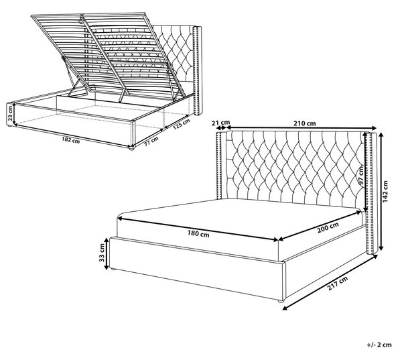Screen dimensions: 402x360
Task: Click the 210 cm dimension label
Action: pos(305,123)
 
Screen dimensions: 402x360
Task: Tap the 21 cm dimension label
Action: pos(220,123)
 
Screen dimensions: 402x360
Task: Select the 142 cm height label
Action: pos(386,192)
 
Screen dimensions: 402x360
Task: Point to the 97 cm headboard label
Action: pos(362,176)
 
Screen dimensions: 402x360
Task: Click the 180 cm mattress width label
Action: pos(198,234)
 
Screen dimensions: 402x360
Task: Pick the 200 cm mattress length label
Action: pos(328,227)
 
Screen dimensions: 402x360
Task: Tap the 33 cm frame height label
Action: pos(102,253)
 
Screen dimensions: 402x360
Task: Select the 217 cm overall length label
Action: pos(338,284)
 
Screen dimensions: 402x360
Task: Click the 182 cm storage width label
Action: pos(71,140)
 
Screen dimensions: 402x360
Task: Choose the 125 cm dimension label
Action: pos(181,124)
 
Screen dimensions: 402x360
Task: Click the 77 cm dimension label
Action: pos(151,141)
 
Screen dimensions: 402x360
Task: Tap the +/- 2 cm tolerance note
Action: pos(379,345)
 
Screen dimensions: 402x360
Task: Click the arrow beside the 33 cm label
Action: pos(107,253)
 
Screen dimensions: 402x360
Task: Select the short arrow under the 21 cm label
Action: pos(220,128)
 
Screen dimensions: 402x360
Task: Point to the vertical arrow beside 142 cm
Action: pos(381,191)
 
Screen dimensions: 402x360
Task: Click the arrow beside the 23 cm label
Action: pos(14,114)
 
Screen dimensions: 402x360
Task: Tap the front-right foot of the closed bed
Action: pos(281,301)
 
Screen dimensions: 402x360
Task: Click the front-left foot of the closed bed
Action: pos(113,269)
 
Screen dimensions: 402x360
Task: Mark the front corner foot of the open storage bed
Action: pos(131,148)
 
